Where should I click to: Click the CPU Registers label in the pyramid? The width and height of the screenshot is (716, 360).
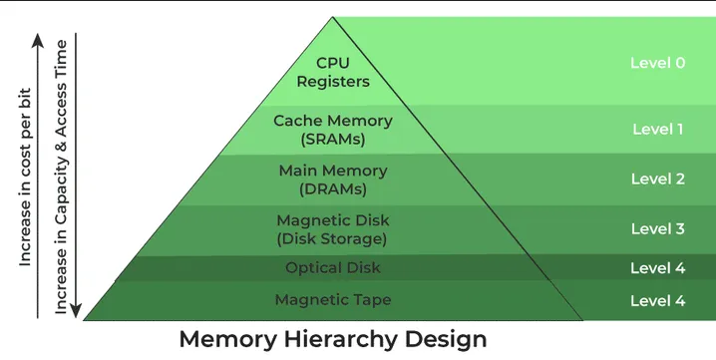pos(332,72)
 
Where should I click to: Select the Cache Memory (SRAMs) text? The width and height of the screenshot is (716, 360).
pos(332,130)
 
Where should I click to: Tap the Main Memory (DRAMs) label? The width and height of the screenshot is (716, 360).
pos(332,180)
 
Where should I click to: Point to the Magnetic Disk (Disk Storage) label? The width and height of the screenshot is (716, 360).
pos(332,229)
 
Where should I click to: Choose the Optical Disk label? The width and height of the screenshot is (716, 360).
pos(332,268)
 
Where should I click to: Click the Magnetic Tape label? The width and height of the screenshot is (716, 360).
pos(332,299)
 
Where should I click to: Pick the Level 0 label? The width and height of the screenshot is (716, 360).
pos(657,63)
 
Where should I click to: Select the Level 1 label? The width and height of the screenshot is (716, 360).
pos(657,130)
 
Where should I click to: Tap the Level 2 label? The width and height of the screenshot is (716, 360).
pos(657,180)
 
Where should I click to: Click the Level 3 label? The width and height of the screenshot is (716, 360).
pos(657,229)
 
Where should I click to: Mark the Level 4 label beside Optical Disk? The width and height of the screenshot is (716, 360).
pos(657,268)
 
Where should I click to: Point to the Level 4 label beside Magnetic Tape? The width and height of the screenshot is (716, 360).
pos(657,299)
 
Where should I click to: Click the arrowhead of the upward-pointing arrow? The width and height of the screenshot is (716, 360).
pos(38,40)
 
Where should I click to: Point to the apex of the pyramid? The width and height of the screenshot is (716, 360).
pos(332,18)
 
